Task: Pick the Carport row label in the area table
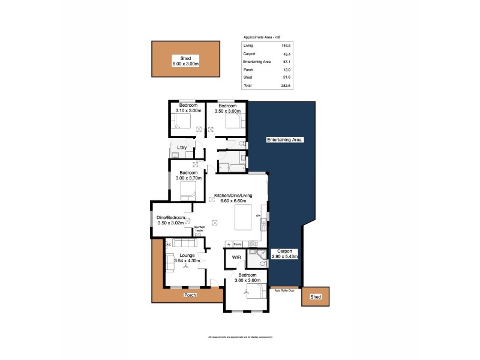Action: (249, 53)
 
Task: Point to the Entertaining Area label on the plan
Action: (285, 140)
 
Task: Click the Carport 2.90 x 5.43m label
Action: (284, 254)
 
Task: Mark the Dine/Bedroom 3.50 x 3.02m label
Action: (170, 220)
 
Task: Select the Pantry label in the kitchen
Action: (238, 244)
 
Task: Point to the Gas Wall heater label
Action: (199, 229)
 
